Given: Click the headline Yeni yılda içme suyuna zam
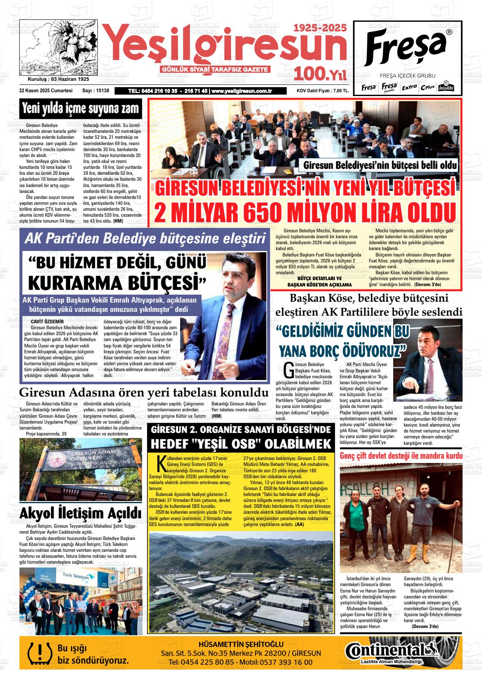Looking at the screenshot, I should pyautogui.click(x=80, y=109).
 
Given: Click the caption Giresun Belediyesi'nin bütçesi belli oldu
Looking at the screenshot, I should pyautogui.click(x=380, y=165).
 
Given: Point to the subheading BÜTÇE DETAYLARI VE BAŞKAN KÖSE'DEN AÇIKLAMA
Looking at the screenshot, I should pyautogui.click(x=319, y=282).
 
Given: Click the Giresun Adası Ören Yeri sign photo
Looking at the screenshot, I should pyautogui.click(x=80, y=468).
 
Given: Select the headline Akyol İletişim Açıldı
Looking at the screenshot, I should pyautogui.click(x=80, y=513).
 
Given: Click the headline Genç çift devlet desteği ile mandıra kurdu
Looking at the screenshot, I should pyautogui.click(x=401, y=456).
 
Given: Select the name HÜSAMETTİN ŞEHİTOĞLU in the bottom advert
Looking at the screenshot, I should pyautogui.click(x=241, y=644).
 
